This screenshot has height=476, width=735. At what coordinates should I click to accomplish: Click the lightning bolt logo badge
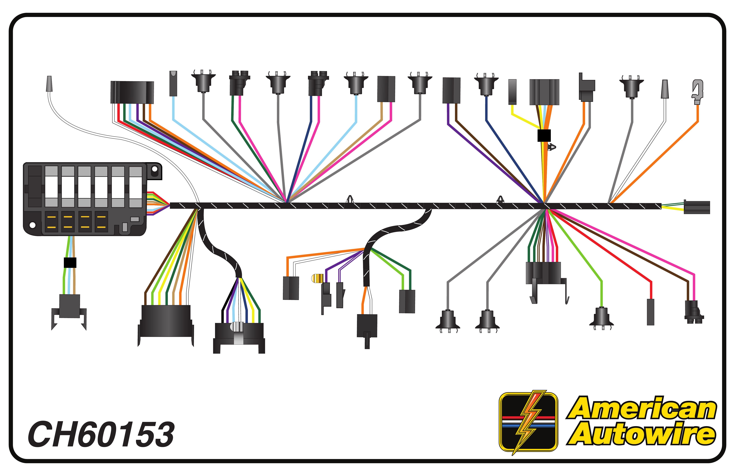tap(528, 422)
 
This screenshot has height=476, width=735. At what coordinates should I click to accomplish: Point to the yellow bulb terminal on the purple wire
tap(316, 279)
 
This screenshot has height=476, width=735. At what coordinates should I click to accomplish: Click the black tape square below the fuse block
tap(70, 262)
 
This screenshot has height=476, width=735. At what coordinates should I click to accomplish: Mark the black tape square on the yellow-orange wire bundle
tap(544, 135)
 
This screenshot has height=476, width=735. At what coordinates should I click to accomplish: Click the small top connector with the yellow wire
tap(512, 92)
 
